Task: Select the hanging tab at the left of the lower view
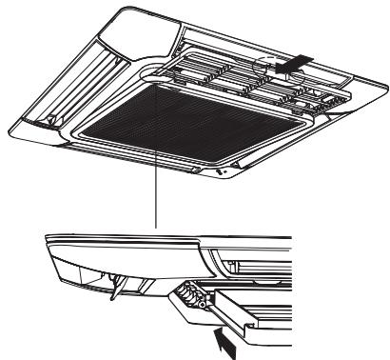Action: pyautogui.click(x=117, y=285)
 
